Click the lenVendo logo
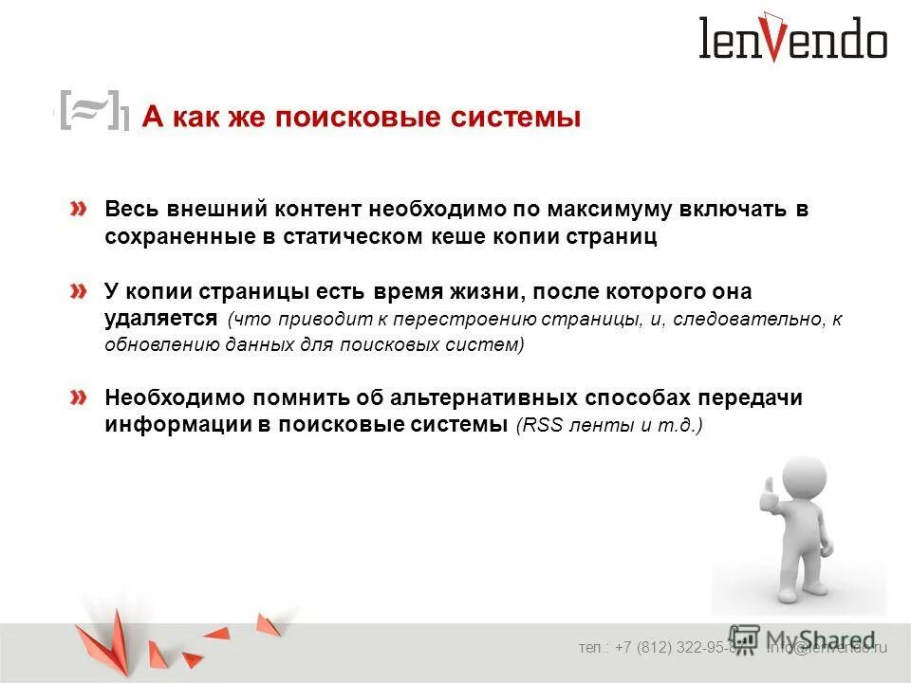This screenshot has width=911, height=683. [792, 40]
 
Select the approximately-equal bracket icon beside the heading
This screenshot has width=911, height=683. [93, 110]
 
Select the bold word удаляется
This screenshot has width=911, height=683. [161, 319]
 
